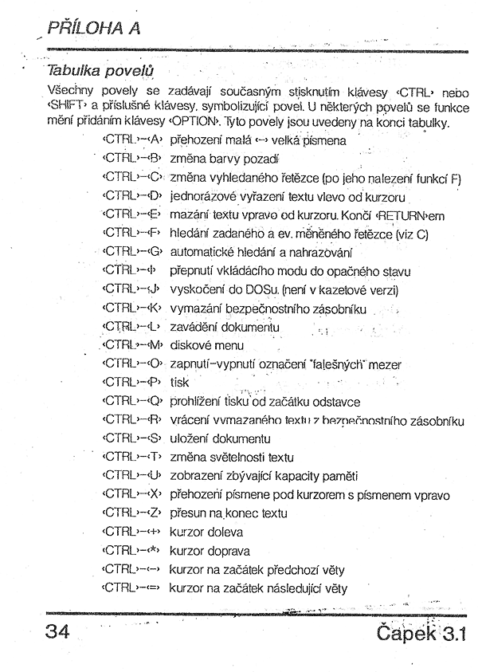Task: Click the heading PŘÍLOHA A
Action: pos(94,28)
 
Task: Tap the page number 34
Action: pos(59,633)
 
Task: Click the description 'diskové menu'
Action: pos(206,345)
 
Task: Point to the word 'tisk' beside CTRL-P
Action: pos(179,383)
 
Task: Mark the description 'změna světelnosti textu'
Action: pos(232,457)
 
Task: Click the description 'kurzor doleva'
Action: pos(206,532)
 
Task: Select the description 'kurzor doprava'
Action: pos(210,551)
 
